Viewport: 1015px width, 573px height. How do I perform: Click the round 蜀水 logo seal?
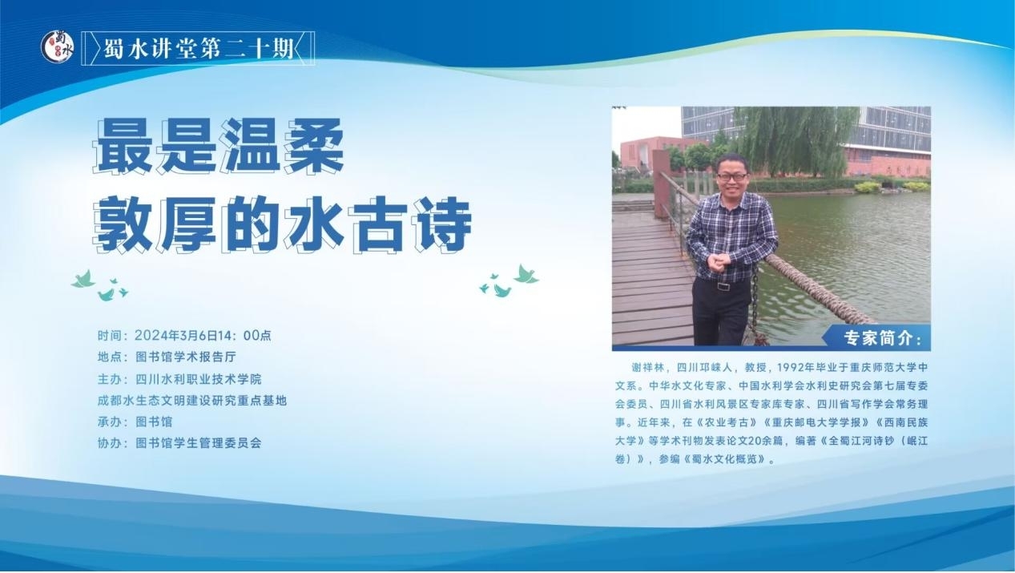point(58,46)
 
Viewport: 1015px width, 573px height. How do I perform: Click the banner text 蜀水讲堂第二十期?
point(199,49)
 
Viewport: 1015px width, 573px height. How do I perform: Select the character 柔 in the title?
point(313,146)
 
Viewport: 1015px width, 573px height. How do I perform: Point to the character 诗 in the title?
point(441,224)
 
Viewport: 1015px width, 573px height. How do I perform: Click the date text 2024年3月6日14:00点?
point(203,336)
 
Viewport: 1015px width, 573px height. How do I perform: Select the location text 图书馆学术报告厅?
point(186,357)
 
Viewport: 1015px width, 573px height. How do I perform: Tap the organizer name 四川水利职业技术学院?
point(199,378)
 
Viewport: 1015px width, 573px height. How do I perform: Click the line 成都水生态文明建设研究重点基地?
point(192,400)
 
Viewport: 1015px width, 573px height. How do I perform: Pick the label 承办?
point(109,422)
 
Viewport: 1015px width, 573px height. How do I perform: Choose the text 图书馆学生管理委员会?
point(199,443)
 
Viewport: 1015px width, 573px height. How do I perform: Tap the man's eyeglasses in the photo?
point(731,176)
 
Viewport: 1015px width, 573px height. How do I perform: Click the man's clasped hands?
point(719,262)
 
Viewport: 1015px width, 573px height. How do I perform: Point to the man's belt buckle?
point(723,286)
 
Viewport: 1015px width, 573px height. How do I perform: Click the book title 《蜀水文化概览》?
point(724,459)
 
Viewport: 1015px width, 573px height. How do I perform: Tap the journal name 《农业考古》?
point(727,422)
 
